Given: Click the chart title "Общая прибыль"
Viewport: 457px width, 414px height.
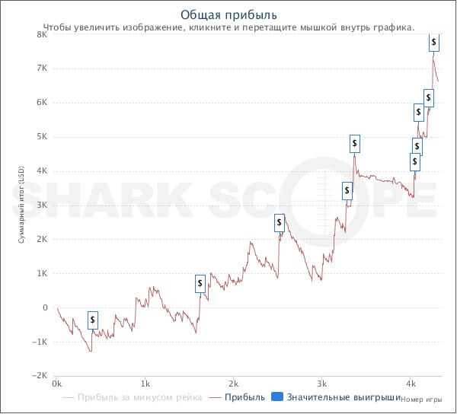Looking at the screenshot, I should coord(228,14).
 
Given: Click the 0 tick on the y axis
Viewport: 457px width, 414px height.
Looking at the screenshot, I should coord(45,307).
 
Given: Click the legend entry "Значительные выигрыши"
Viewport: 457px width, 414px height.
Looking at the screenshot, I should coord(344,397).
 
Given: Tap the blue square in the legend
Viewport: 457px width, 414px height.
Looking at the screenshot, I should coord(277,397).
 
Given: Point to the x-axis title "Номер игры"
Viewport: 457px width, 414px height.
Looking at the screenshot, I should coord(420,399).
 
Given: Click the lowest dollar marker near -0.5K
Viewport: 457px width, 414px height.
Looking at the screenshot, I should coord(93,320).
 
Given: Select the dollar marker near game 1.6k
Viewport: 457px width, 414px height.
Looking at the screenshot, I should coord(200,284).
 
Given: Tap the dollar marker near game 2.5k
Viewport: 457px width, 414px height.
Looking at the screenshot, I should coord(280,223).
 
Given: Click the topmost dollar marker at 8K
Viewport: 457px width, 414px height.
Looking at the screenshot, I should coord(434,41).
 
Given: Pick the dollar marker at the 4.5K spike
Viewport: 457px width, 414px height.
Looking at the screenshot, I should coord(355,143).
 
